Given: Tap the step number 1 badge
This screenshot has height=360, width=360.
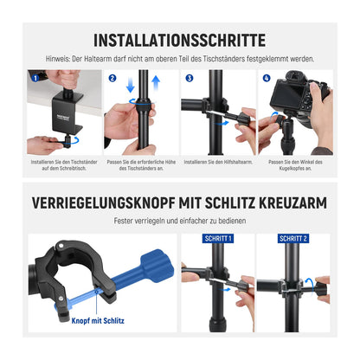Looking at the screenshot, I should [x=32, y=79].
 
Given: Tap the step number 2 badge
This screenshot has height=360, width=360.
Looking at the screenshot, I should [x=112, y=78].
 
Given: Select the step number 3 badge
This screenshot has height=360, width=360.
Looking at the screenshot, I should [x=190, y=78].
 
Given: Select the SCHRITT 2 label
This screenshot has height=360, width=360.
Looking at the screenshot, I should [x=294, y=238].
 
